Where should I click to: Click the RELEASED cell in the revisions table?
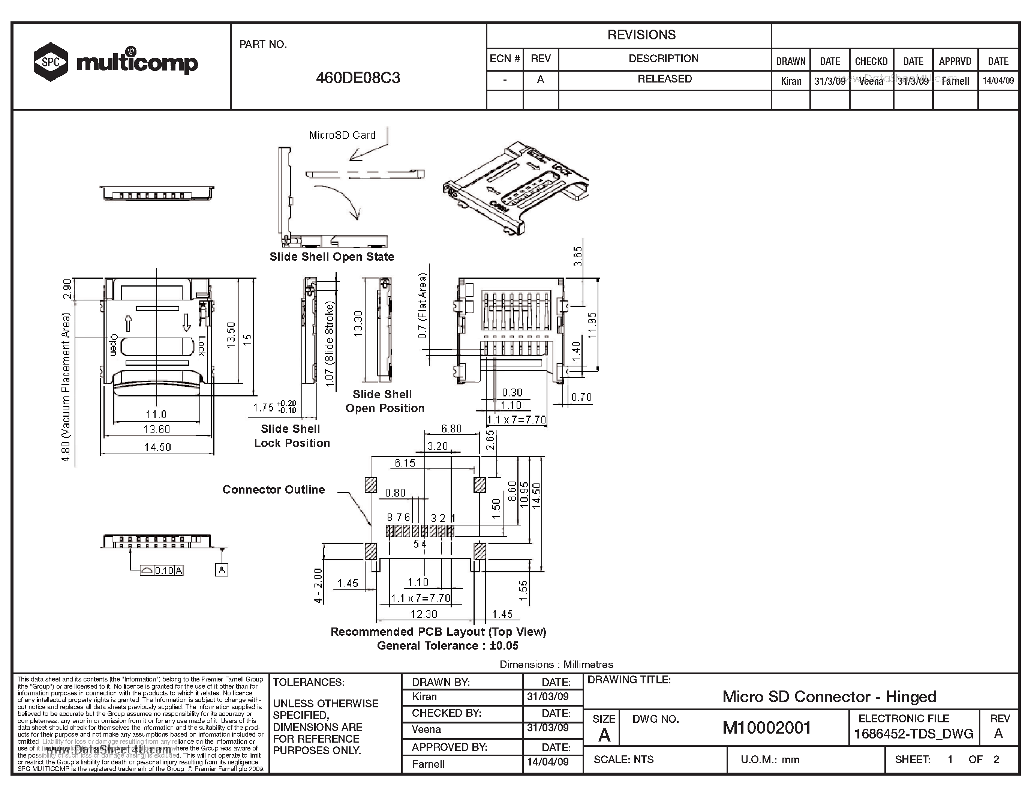(x=664, y=79)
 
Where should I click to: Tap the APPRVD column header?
(x=955, y=62)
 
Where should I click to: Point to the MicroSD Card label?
(x=342, y=135)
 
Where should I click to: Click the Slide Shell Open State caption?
(x=331, y=257)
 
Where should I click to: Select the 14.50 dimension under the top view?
(x=157, y=447)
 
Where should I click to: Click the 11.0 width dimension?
(x=156, y=414)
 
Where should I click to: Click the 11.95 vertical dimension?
(x=592, y=325)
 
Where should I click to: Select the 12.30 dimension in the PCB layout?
(x=423, y=614)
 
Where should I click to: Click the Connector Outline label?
(x=273, y=489)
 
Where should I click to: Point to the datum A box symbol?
(x=222, y=570)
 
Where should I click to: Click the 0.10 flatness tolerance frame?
(x=162, y=570)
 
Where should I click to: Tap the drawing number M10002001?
(x=766, y=728)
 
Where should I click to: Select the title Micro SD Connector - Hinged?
(x=829, y=696)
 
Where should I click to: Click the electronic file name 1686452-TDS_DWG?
(x=913, y=734)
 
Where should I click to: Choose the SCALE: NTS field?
(x=623, y=759)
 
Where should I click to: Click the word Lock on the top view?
(x=202, y=346)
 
